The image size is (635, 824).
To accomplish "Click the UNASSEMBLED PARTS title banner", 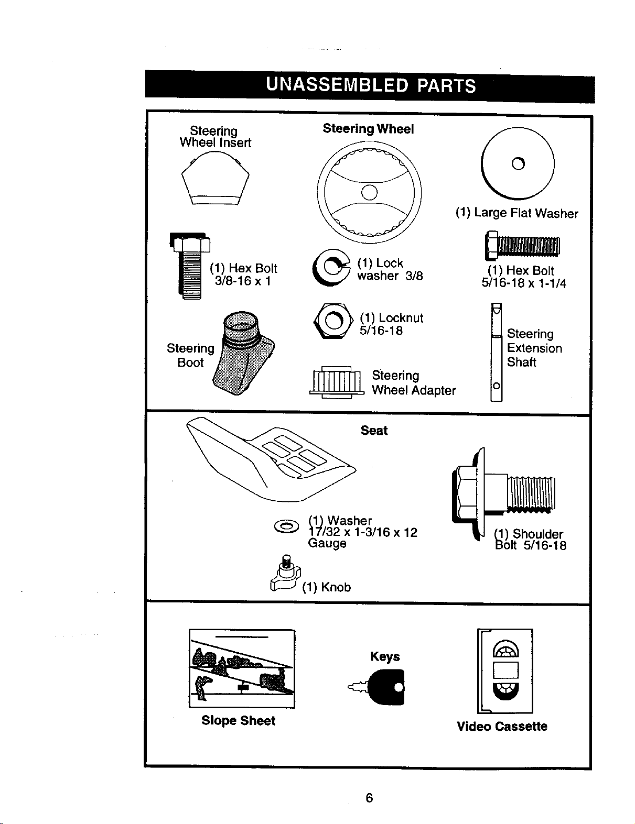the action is coord(370,86).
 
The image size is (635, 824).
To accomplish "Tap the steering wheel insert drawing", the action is coord(215,178).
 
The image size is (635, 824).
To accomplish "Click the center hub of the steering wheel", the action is coord(369,193).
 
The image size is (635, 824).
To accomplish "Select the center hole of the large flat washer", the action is coord(518,163).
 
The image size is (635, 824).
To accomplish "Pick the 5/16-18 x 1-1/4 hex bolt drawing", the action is coord(522,246).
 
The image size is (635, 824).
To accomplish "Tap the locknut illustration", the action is coord(333,321).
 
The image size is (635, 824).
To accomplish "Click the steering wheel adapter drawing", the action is coord(337,382).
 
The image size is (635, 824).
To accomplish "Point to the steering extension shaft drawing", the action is coord(497,352).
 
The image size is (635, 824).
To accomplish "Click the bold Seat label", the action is coord(374,431).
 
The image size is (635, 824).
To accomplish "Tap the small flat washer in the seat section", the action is coord(287,526).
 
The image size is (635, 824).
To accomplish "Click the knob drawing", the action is coord(285,574).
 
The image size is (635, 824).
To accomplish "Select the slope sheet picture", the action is coord(242,668).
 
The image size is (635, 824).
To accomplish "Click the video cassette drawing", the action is coord(505,671).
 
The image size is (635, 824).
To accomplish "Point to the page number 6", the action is coord(369,798).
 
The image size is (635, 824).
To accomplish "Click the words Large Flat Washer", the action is coord(526,214).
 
